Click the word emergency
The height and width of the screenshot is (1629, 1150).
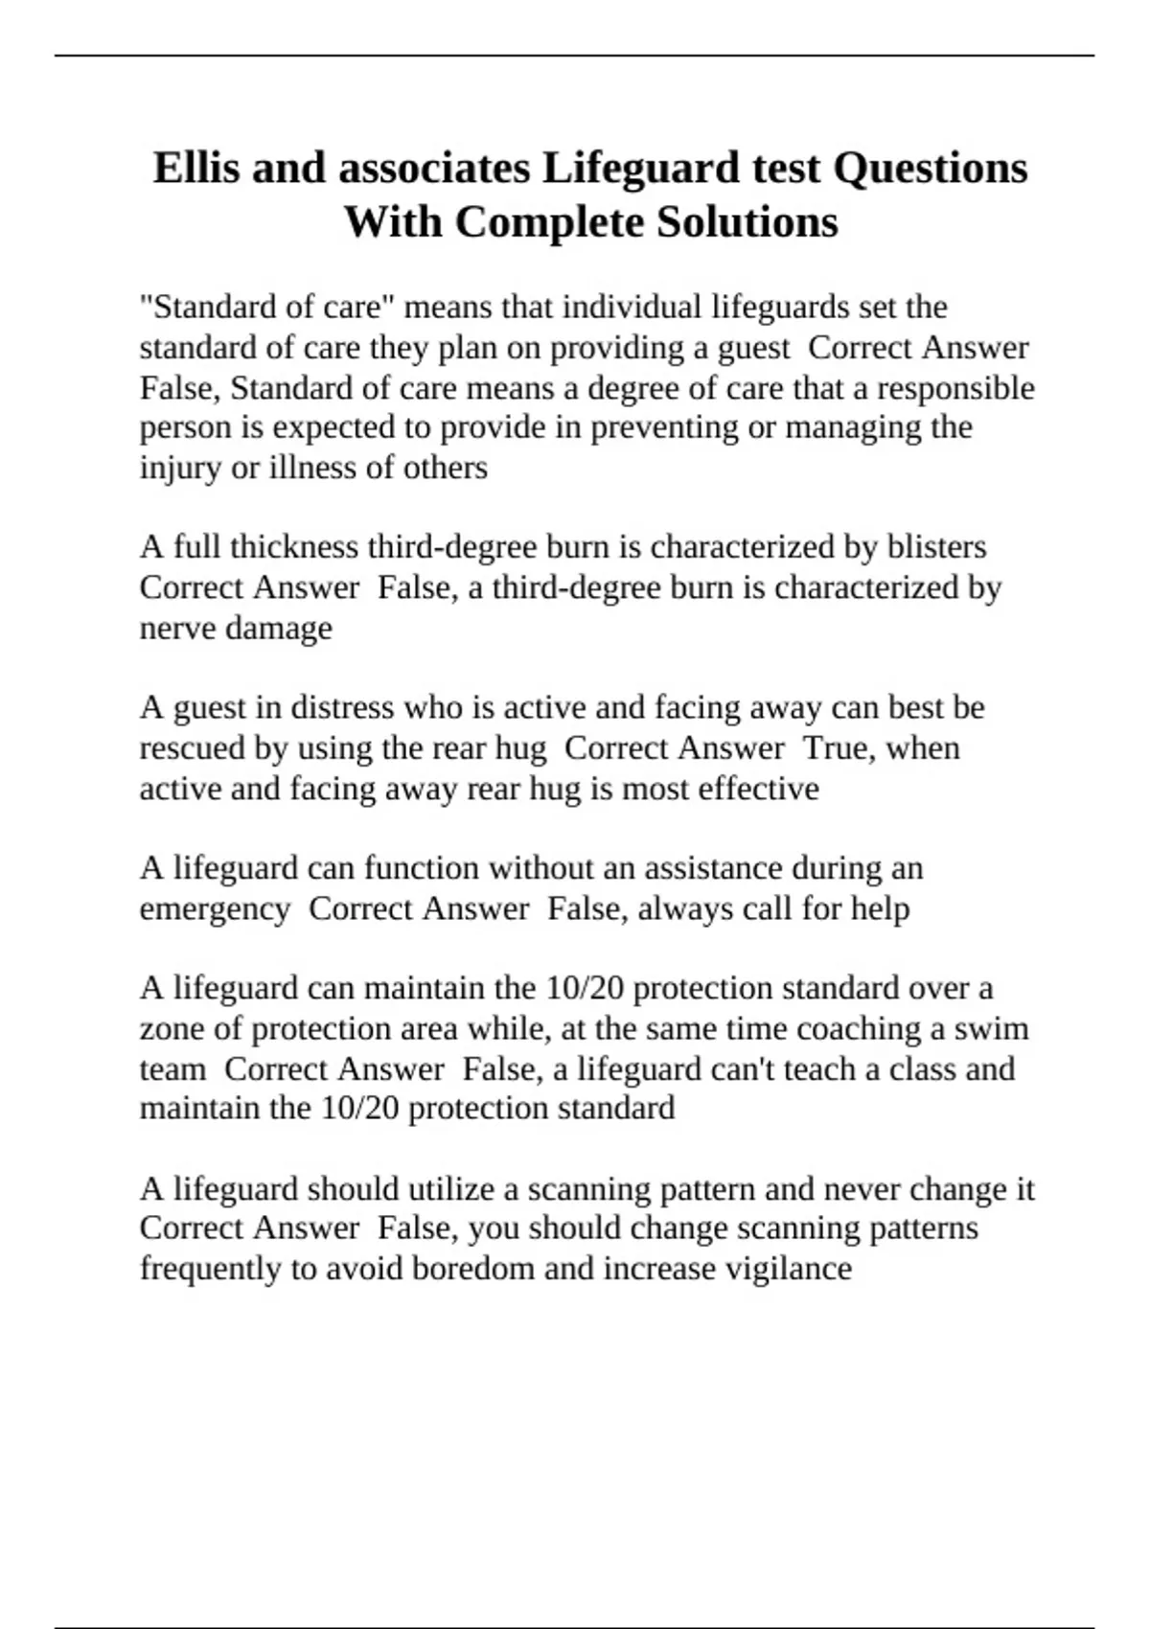point(215,909)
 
